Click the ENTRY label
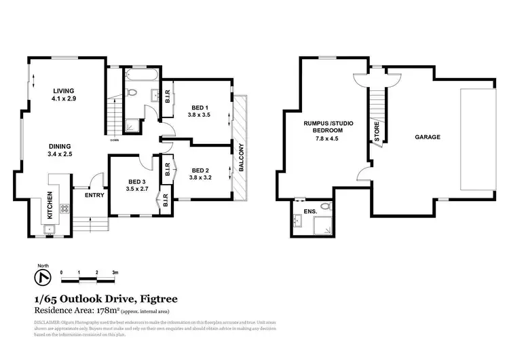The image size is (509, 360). pyautogui.click(x=94, y=196)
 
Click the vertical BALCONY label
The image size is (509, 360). pyautogui.click(x=240, y=156)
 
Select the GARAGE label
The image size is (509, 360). pyautogui.click(x=428, y=137)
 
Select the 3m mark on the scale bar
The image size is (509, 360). pyautogui.click(x=115, y=272)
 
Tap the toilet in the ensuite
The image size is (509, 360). pyautogui.click(x=325, y=206)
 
